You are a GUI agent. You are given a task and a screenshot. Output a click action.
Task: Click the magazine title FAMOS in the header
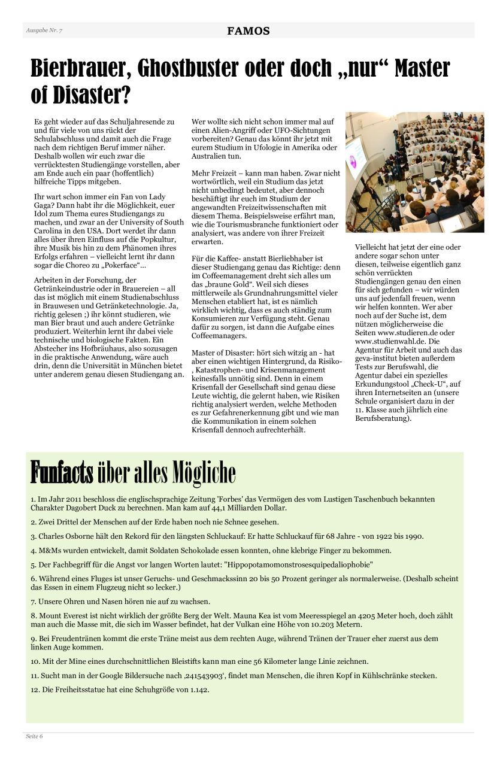(x=248, y=31)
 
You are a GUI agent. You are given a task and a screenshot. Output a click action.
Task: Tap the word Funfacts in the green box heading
(x=62, y=472)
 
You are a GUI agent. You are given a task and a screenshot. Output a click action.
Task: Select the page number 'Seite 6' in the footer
(x=34, y=736)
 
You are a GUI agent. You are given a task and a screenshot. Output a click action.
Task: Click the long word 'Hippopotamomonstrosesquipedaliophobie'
(x=299, y=564)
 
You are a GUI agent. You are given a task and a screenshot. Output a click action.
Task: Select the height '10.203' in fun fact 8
(x=294, y=624)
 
